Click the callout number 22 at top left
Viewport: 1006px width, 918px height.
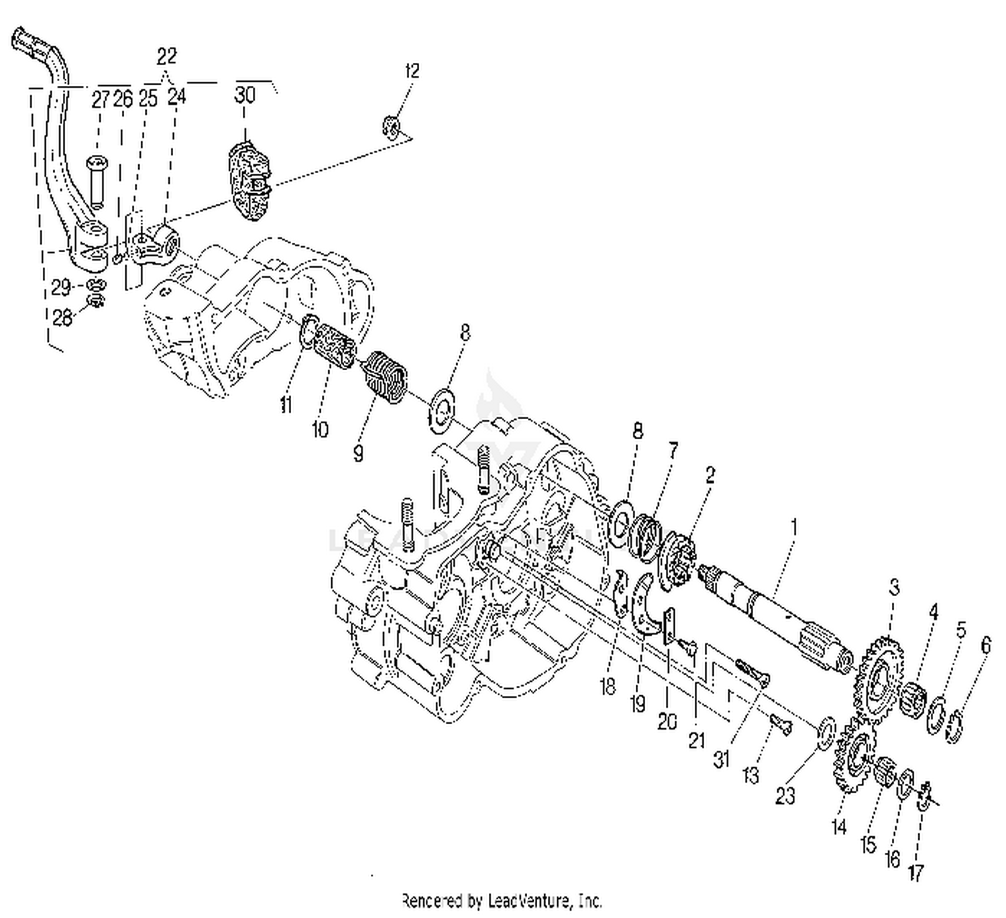pyautogui.click(x=166, y=55)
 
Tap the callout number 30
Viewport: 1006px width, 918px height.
pyautogui.click(x=245, y=95)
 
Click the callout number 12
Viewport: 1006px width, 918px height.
pyautogui.click(x=412, y=71)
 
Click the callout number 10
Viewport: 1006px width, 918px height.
pyautogui.click(x=321, y=428)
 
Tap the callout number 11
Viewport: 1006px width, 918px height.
pyautogui.click(x=286, y=405)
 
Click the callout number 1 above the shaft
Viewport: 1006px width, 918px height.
pyautogui.click(x=794, y=528)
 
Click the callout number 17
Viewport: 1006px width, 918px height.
pyautogui.click(x=916, y=872)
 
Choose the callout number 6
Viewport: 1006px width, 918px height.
pyautogui.click(x=985, y=645)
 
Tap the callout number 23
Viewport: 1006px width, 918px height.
pyautogui.click(x=785, y=795)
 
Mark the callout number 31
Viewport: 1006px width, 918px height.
pyautogui.click(x=721, y=760)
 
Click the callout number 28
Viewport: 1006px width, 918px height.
pyautogui.click(x=62, y=317)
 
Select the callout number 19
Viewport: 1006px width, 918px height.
pyautogui.click(x=637, y=703)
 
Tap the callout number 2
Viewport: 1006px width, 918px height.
pyautogui.click(x=710, y=475)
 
